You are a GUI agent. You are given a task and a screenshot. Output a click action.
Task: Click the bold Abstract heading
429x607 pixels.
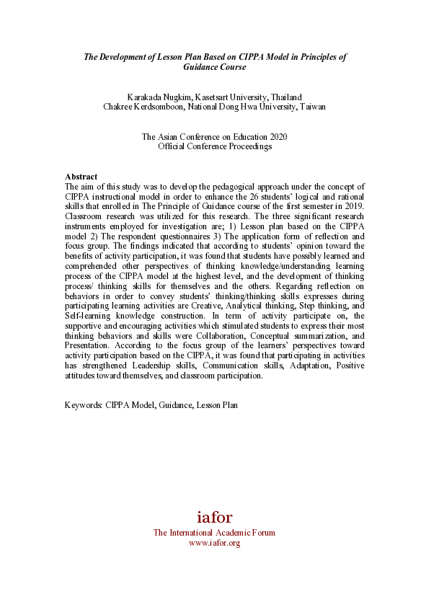(x=81, y=177)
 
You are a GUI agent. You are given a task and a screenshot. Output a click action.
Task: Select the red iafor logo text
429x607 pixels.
(x=214, y=517)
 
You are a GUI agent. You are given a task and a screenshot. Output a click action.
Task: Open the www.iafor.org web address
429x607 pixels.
(x=214, y=543)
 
